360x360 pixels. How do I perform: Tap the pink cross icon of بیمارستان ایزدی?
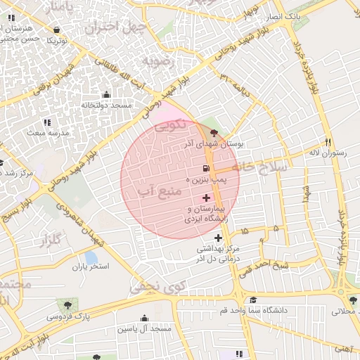tap(205, 198)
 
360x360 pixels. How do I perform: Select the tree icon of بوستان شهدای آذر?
tap(214, 132)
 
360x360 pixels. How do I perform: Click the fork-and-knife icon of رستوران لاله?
tap(327, 141)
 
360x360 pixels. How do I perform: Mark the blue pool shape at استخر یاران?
tap(91, 257)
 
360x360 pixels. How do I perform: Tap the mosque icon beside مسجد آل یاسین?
tap(144, 318)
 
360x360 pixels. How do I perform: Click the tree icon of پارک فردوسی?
tap(67, 306)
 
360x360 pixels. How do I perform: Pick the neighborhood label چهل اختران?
tap(115, 27)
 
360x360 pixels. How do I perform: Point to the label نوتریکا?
tap(57, 41)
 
